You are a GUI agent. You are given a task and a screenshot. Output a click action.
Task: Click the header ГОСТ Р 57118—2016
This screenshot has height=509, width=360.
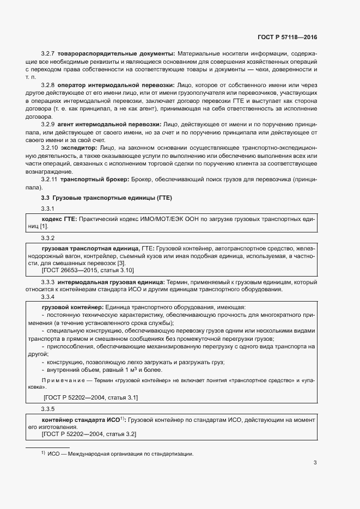[x=286, y=37]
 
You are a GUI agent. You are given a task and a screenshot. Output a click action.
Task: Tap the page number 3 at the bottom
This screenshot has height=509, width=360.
[x=315, y=464]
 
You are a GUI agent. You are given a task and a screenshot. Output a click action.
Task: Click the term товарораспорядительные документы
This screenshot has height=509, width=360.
[x=116, y=53]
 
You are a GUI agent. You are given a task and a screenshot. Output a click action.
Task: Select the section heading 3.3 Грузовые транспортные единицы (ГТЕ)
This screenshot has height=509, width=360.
[x=106, y=197]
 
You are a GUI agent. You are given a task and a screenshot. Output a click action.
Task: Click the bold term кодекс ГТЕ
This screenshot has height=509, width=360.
[x=59, y=218]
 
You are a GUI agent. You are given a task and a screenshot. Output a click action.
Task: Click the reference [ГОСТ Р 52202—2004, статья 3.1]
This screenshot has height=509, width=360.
[x=90, y=398]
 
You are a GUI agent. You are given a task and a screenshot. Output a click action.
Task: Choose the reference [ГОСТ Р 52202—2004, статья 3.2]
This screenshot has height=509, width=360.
[x=89, y=434]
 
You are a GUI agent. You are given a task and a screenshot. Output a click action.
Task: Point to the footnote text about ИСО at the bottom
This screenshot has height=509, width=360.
[x=120, y=454]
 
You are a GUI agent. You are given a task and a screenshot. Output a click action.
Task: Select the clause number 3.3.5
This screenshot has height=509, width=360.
[x=48, y=408]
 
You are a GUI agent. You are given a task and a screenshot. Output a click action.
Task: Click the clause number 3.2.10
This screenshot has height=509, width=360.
[x=50, y=149]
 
